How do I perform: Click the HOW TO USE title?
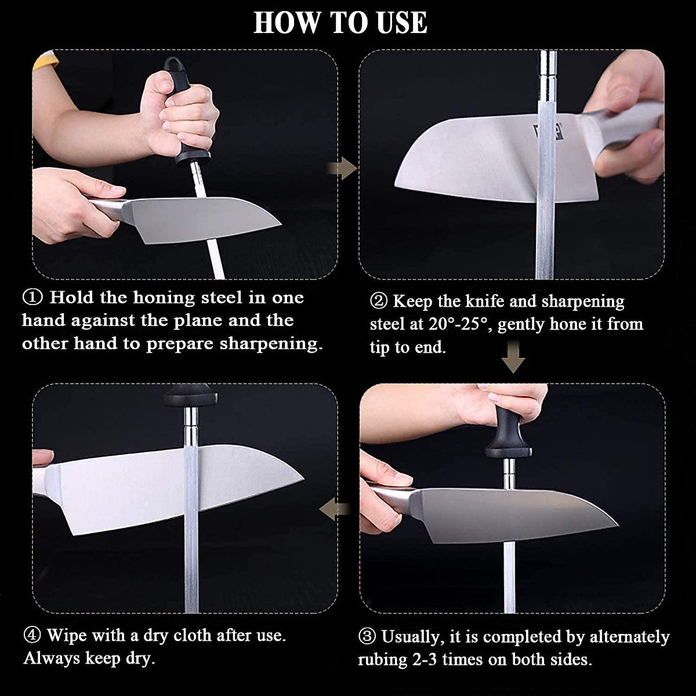[340, 23]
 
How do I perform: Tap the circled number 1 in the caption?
[32, 298]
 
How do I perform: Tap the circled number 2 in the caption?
[379, 302]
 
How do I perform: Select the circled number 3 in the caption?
[367, 637]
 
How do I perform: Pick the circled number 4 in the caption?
[32, 635]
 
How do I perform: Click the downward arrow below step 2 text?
[513, 357]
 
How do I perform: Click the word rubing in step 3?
[382, 660]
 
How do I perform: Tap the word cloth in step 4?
[189, 636]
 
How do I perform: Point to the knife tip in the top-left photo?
[280, 224]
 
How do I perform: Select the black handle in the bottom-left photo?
[191, 397]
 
